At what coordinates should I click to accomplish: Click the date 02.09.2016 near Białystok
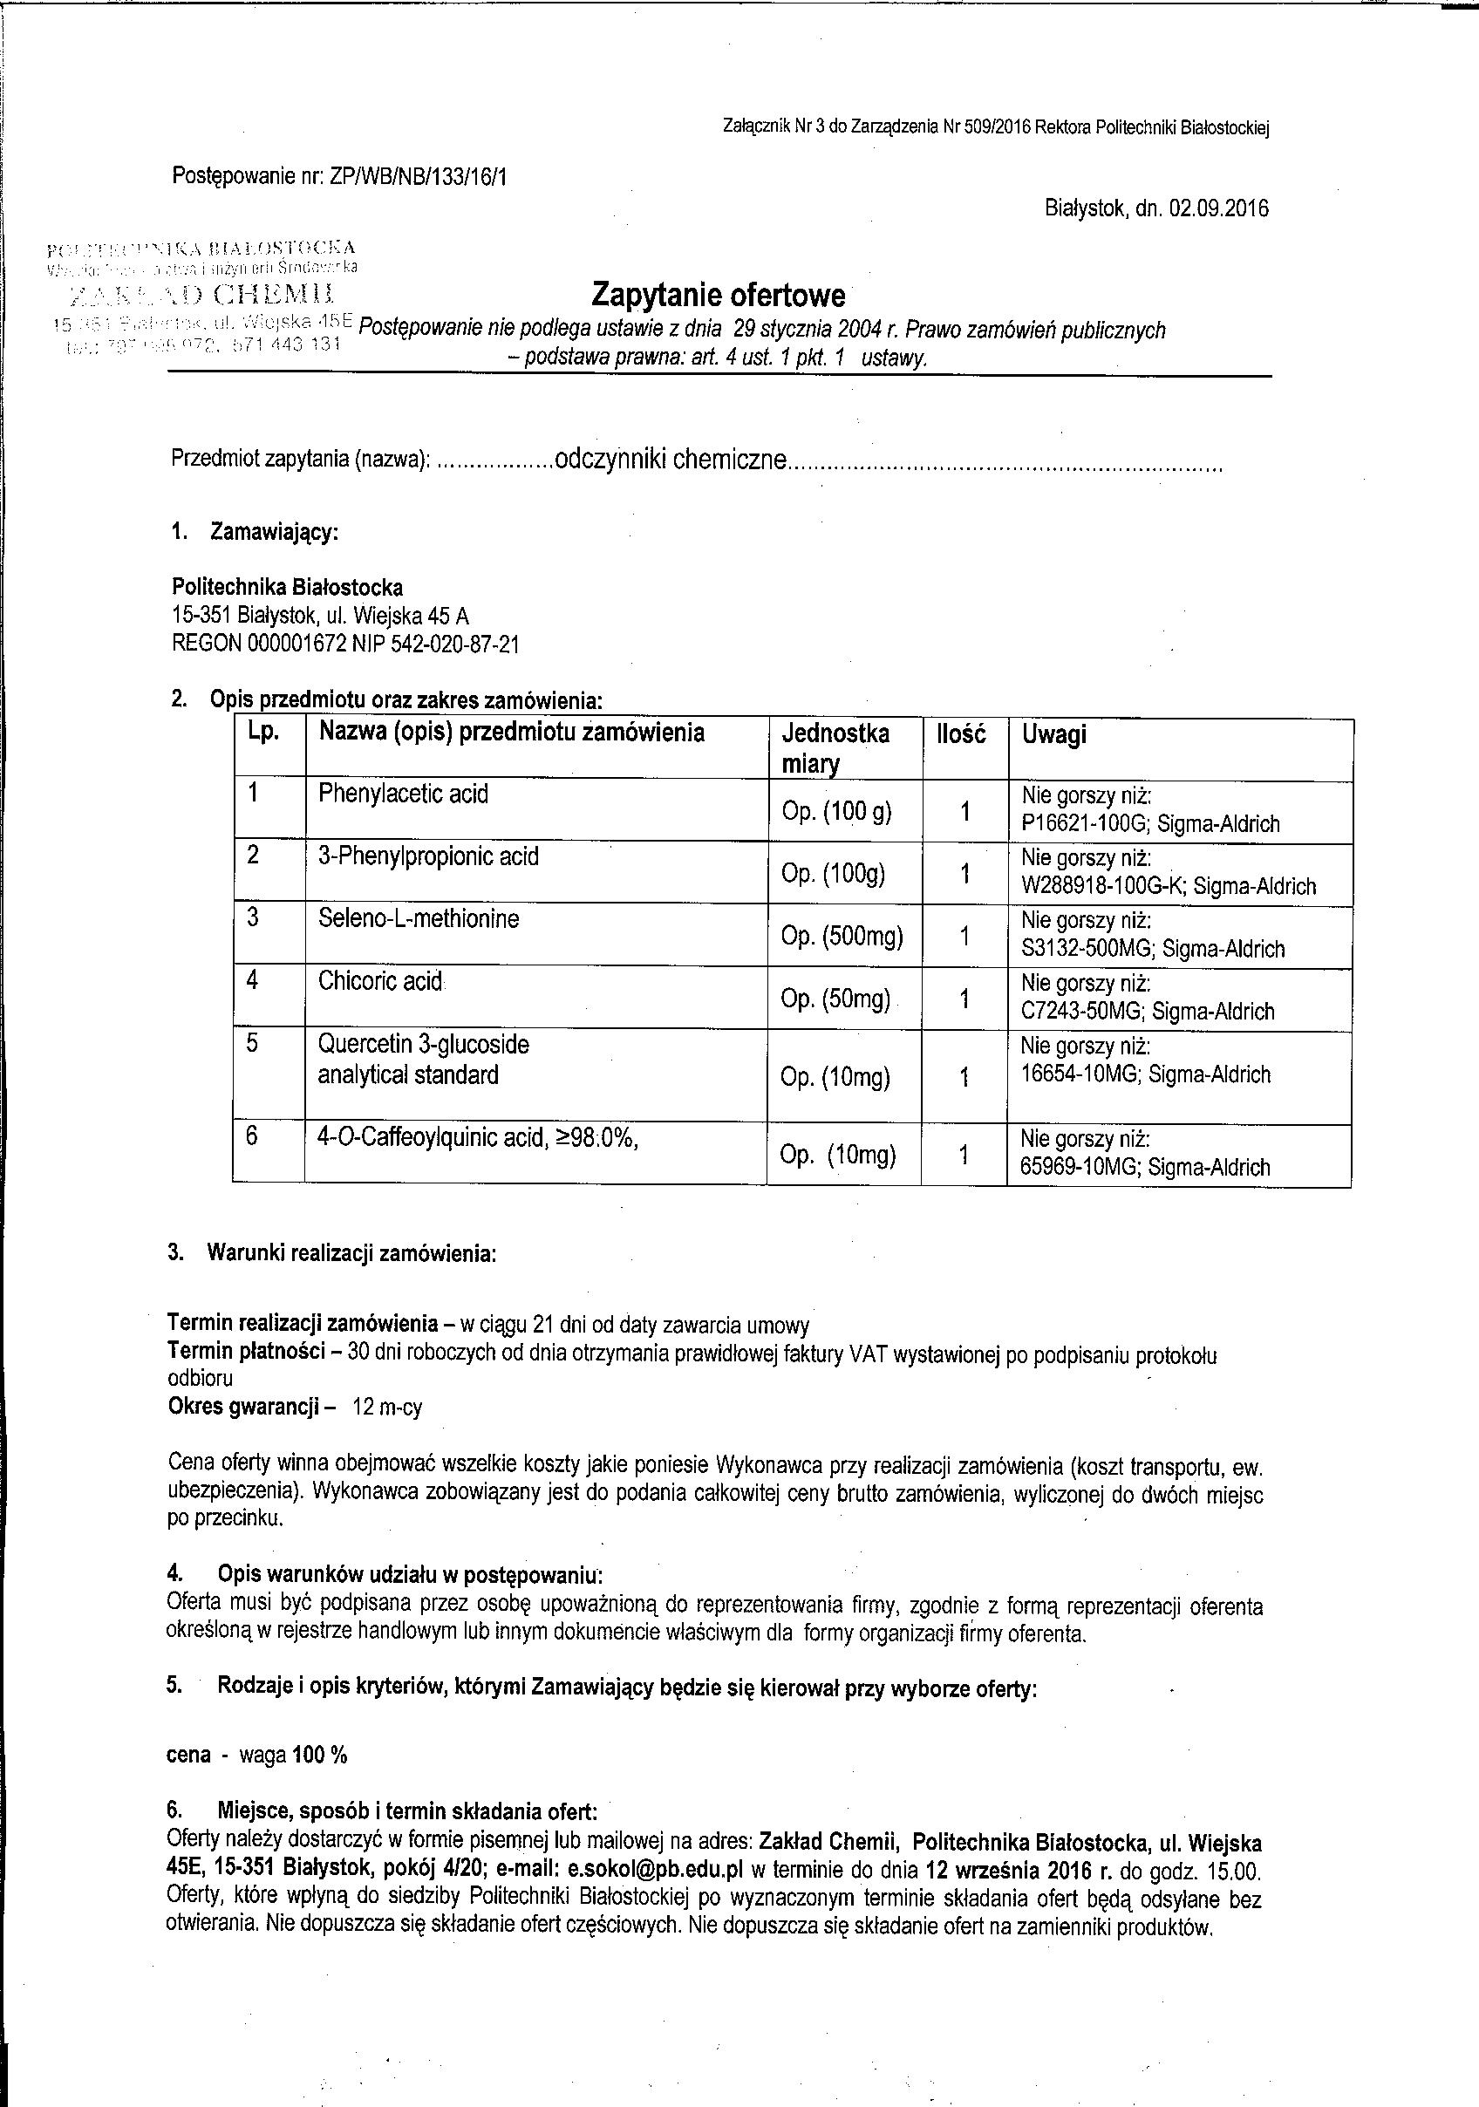(x=1218, y=208)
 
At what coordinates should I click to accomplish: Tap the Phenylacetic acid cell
(x=403, y=794)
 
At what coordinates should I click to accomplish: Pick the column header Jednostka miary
(x=835, y=748)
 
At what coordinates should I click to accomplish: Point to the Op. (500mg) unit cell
(x=842, y=936)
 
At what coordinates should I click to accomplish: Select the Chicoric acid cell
(x=380, y=981)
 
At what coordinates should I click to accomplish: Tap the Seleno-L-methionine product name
(x=419, y=918)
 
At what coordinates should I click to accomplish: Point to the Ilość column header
(x=961, y=734)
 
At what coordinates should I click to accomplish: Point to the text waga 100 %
(x=293, y=1756)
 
